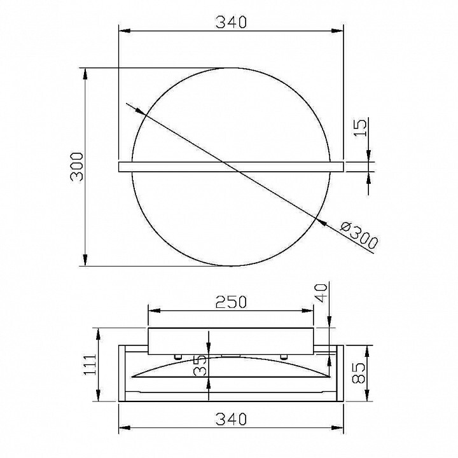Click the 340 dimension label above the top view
pyautogui.click(x=231, y=22)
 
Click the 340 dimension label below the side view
pyautogui.click(x=231, y=419)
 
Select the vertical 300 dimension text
pyautogui.click(x=78, y=167)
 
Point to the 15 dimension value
pyautogui.click(x=360, y=128)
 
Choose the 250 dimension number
pyautogui.click(x=231, y=302)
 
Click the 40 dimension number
pyautogui.click(x=321, y=293)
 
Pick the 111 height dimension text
pyautogui.click(x=90, y=365)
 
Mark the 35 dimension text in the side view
pyautogui.click(x=200, y=365)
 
